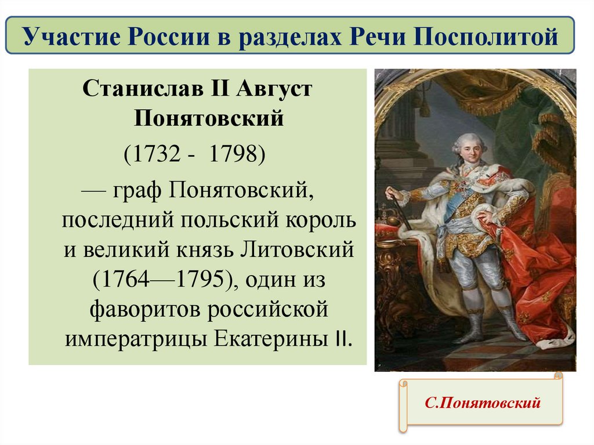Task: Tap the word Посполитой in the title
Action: click(x=486, y=37)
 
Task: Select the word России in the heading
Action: click(x=169, y=37)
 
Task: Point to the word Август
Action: click(x=274, y=89)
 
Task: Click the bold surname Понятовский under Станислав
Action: click(x=209, y=118)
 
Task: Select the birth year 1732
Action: click(x=157, y=154)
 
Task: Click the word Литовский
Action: click(x=297, y=249)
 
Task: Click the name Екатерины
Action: click(x=271, y=338)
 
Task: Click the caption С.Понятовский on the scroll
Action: click(x=482, y=402)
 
